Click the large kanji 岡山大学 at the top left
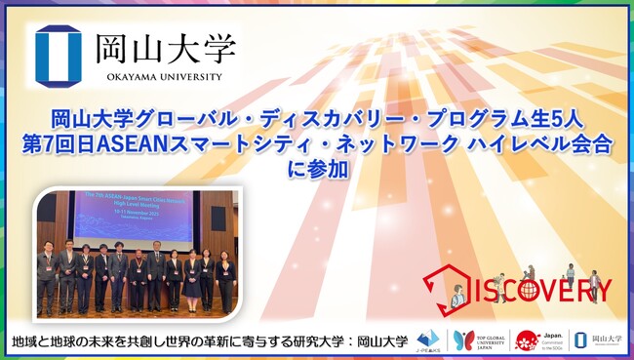[x=165, y=47]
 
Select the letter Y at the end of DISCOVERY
[x=602, y=290]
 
